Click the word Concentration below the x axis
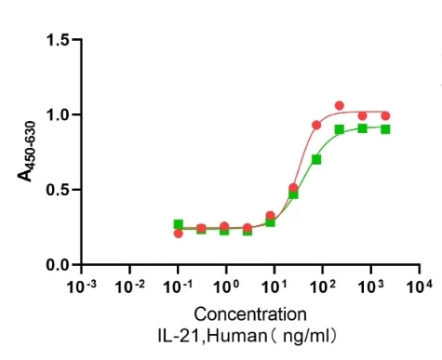tap(249, 313)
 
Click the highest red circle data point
tap(340, 106)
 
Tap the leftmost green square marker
tap(179, 224)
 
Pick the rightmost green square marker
tap(385, 129)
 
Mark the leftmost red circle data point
tap(179, 233)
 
